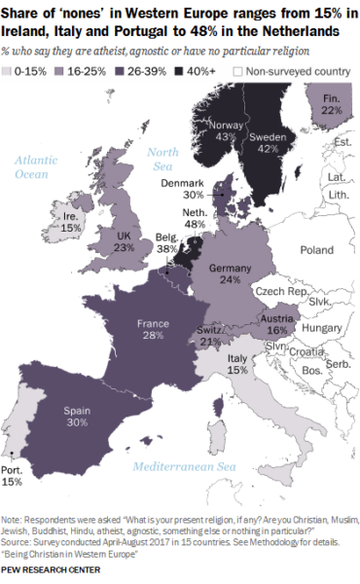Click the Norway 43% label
[225, 135]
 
